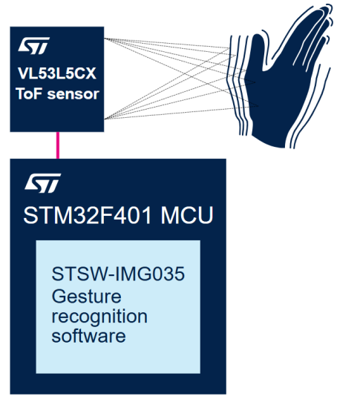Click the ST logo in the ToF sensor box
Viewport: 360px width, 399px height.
pos(33,45)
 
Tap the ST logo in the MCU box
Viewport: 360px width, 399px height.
pos(43,183)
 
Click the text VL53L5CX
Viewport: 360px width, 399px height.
pos(57,73)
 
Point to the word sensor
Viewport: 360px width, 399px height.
pos(73,94)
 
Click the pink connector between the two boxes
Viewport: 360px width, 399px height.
pos(58,145)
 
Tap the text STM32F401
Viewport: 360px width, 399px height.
pos(88,215)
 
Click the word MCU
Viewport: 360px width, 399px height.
pos(186,215)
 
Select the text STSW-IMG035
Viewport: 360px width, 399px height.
pos(118,274)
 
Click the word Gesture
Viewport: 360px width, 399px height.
pos(86,297)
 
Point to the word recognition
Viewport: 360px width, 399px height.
pos(99,317)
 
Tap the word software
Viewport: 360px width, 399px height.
pos(88,336)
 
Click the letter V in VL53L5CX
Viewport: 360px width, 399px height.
pos(23,73)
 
